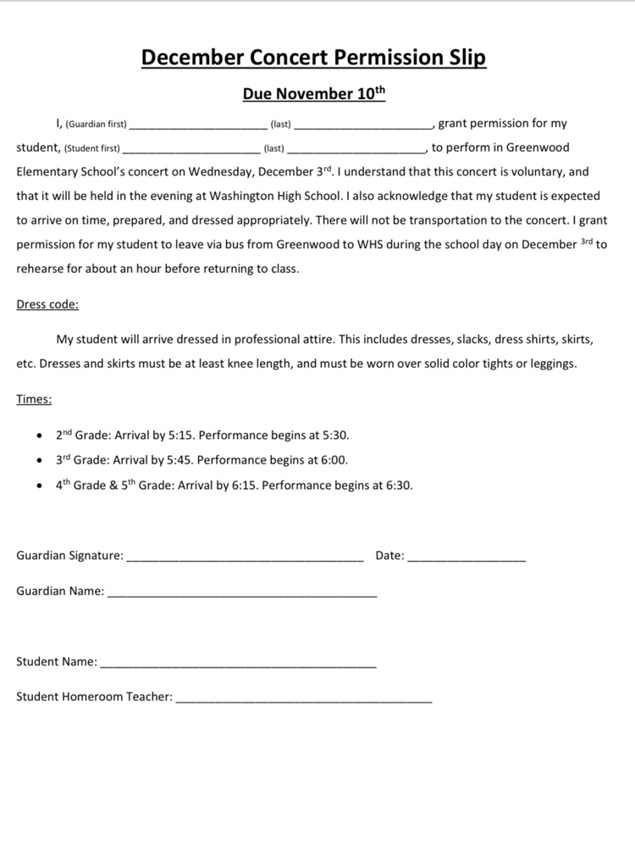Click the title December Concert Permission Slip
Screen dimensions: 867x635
[x=313, y=57]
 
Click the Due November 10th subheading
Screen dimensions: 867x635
[x=313, y=94]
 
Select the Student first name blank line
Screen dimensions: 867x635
[x=185, y=150]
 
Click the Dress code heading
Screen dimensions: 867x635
[x=47, y=304]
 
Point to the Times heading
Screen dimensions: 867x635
[x=34, y=398]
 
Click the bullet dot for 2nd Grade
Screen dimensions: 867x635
[x=40, y=436]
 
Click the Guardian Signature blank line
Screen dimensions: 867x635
[x=245, y=559]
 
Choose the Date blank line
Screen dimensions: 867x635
[x=467, y=559]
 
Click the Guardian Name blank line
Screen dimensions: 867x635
[x=242, y=595]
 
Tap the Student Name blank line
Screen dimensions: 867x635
[x=238, y=665]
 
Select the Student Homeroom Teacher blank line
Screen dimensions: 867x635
[x=304, y=701]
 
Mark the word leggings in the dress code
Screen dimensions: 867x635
[x=551, y=364]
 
